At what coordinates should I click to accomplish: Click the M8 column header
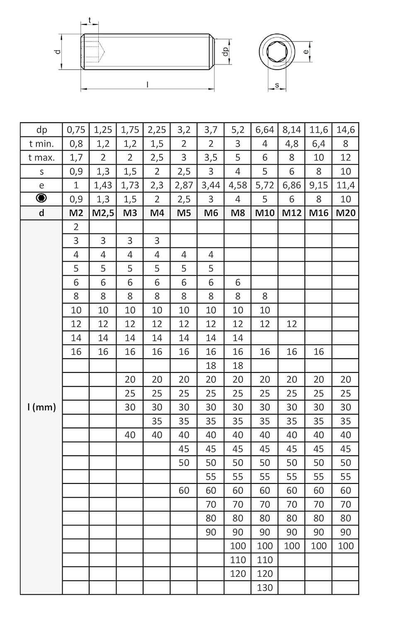click(238, 213)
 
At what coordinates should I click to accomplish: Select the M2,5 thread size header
click(103, 213)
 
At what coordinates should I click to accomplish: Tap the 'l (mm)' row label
click(41, 407)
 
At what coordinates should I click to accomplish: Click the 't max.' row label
click(41, 158)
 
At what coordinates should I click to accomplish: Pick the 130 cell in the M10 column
click(265, 588)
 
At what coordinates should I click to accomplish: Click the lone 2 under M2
click(76, 227)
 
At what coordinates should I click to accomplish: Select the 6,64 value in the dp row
click(265, 130)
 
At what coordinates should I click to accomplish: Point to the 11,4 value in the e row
click(345, 185)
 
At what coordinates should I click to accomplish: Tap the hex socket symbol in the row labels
click(41, 199)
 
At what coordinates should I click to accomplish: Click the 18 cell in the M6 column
click(211, 366)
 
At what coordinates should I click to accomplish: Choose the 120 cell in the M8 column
click(238, 574)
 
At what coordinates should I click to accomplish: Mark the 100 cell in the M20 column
click(345, 546)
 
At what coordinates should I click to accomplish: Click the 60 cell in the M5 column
click(184, 491)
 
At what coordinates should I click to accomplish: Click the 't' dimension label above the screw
click(90, 20)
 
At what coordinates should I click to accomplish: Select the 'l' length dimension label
click(148, 84)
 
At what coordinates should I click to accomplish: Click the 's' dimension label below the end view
click(277, 85)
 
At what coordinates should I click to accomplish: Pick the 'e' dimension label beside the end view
click(306, 51)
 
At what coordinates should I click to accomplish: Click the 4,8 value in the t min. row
click(292, 144)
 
